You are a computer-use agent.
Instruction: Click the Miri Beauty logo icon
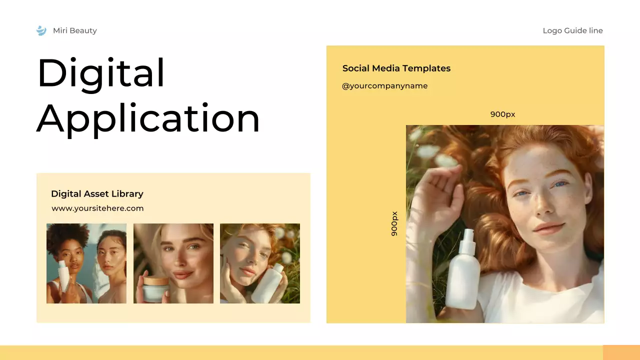[x=41, y=30]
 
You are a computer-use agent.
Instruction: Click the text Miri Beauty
[x=75, y=30]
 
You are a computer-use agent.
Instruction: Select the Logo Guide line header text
[x=572, y=30]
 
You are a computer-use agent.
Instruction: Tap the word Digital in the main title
[x=100, y=73]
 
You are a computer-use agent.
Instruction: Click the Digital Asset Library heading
[x=97, y=193]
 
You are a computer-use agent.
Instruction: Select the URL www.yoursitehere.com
[x=97, y=208]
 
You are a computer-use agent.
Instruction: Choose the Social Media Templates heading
[x=396, y=68]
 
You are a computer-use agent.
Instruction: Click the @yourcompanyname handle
[x=384, y=85]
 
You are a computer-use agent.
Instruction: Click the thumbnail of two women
[x=86, y=263]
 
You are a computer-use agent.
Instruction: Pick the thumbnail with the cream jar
[x=173, y=263]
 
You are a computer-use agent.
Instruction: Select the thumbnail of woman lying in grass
[x=260, y=263]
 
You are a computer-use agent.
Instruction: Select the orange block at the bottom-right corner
[x=621, y=352]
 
